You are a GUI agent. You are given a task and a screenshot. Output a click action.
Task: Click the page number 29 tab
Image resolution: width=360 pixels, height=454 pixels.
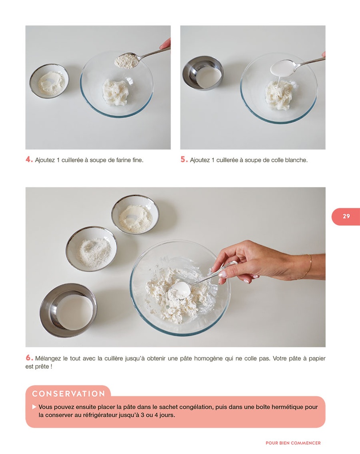tap(346, 216)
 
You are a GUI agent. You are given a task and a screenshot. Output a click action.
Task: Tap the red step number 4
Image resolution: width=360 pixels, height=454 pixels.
tap(29, 159)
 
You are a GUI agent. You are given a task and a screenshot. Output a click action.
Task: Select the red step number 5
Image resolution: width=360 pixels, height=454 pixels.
tap(184, 159)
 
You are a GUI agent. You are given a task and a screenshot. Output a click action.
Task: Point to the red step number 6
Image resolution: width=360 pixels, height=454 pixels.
tap(29, 358)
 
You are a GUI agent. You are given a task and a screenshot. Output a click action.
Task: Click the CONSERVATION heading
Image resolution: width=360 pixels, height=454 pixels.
tap(69, 394)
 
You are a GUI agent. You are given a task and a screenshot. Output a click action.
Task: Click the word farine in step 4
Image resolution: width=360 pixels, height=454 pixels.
tap(124, 160)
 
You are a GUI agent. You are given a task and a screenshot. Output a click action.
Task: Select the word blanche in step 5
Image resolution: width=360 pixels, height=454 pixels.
tap(296, 160)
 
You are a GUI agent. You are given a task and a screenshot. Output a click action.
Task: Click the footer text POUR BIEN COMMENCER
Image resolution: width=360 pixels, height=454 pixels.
tap(293, 443)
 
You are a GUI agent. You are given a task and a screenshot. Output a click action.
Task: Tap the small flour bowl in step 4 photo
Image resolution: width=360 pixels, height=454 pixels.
tap(49, 81)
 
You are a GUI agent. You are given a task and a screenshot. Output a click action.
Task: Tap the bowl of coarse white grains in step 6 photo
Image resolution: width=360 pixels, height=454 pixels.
tap(91, 249)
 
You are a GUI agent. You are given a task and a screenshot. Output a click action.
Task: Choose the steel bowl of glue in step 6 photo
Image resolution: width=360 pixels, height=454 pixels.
tap(68, 310)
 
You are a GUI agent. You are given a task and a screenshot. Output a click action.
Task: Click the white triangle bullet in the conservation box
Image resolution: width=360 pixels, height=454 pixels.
tap(34, 407)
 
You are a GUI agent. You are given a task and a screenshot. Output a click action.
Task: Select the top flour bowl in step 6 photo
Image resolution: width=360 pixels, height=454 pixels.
tap(135, 215)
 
